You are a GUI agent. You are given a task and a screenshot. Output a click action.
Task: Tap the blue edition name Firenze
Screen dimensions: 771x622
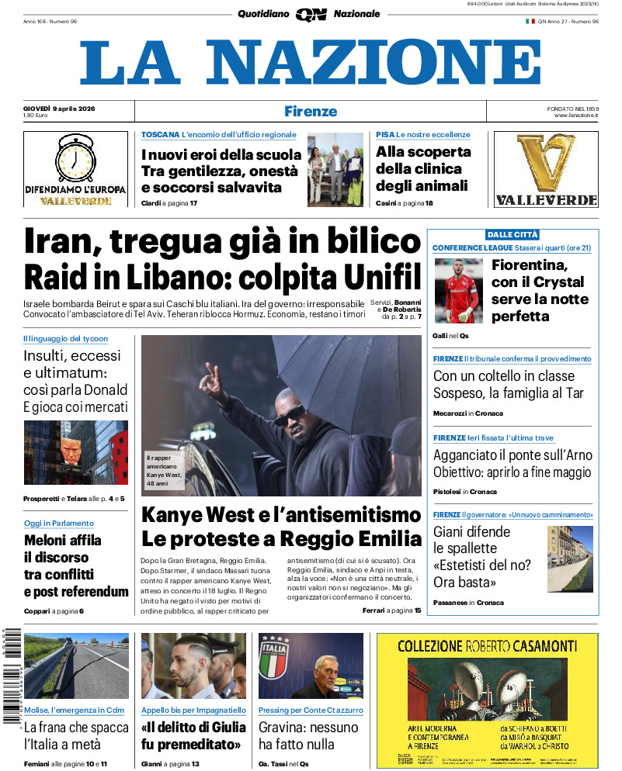click(x=311, y=111)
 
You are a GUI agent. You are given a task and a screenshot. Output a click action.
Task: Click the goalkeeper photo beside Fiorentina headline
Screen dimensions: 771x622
click(x=457, y=291)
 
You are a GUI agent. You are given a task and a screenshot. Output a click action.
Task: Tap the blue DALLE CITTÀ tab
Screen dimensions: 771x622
click(x=513, y=234)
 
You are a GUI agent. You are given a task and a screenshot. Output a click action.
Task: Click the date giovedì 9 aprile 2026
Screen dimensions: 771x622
click(x=59, y=107)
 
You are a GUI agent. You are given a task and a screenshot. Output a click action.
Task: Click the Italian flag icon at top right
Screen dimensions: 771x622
click(x=530, y=21)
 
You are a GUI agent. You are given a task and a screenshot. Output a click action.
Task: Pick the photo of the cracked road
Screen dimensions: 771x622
click(x=76, y=666)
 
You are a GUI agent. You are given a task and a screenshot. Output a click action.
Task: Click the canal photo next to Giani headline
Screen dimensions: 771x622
click(x=570, y=557)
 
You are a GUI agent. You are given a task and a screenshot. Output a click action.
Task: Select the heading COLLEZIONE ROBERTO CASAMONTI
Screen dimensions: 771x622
click(x=487, y=645)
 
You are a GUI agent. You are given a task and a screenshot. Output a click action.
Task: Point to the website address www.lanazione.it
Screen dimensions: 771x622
click(x=576, y=116)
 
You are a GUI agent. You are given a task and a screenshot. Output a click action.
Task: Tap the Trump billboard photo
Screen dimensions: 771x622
click(x=76, y=452)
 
